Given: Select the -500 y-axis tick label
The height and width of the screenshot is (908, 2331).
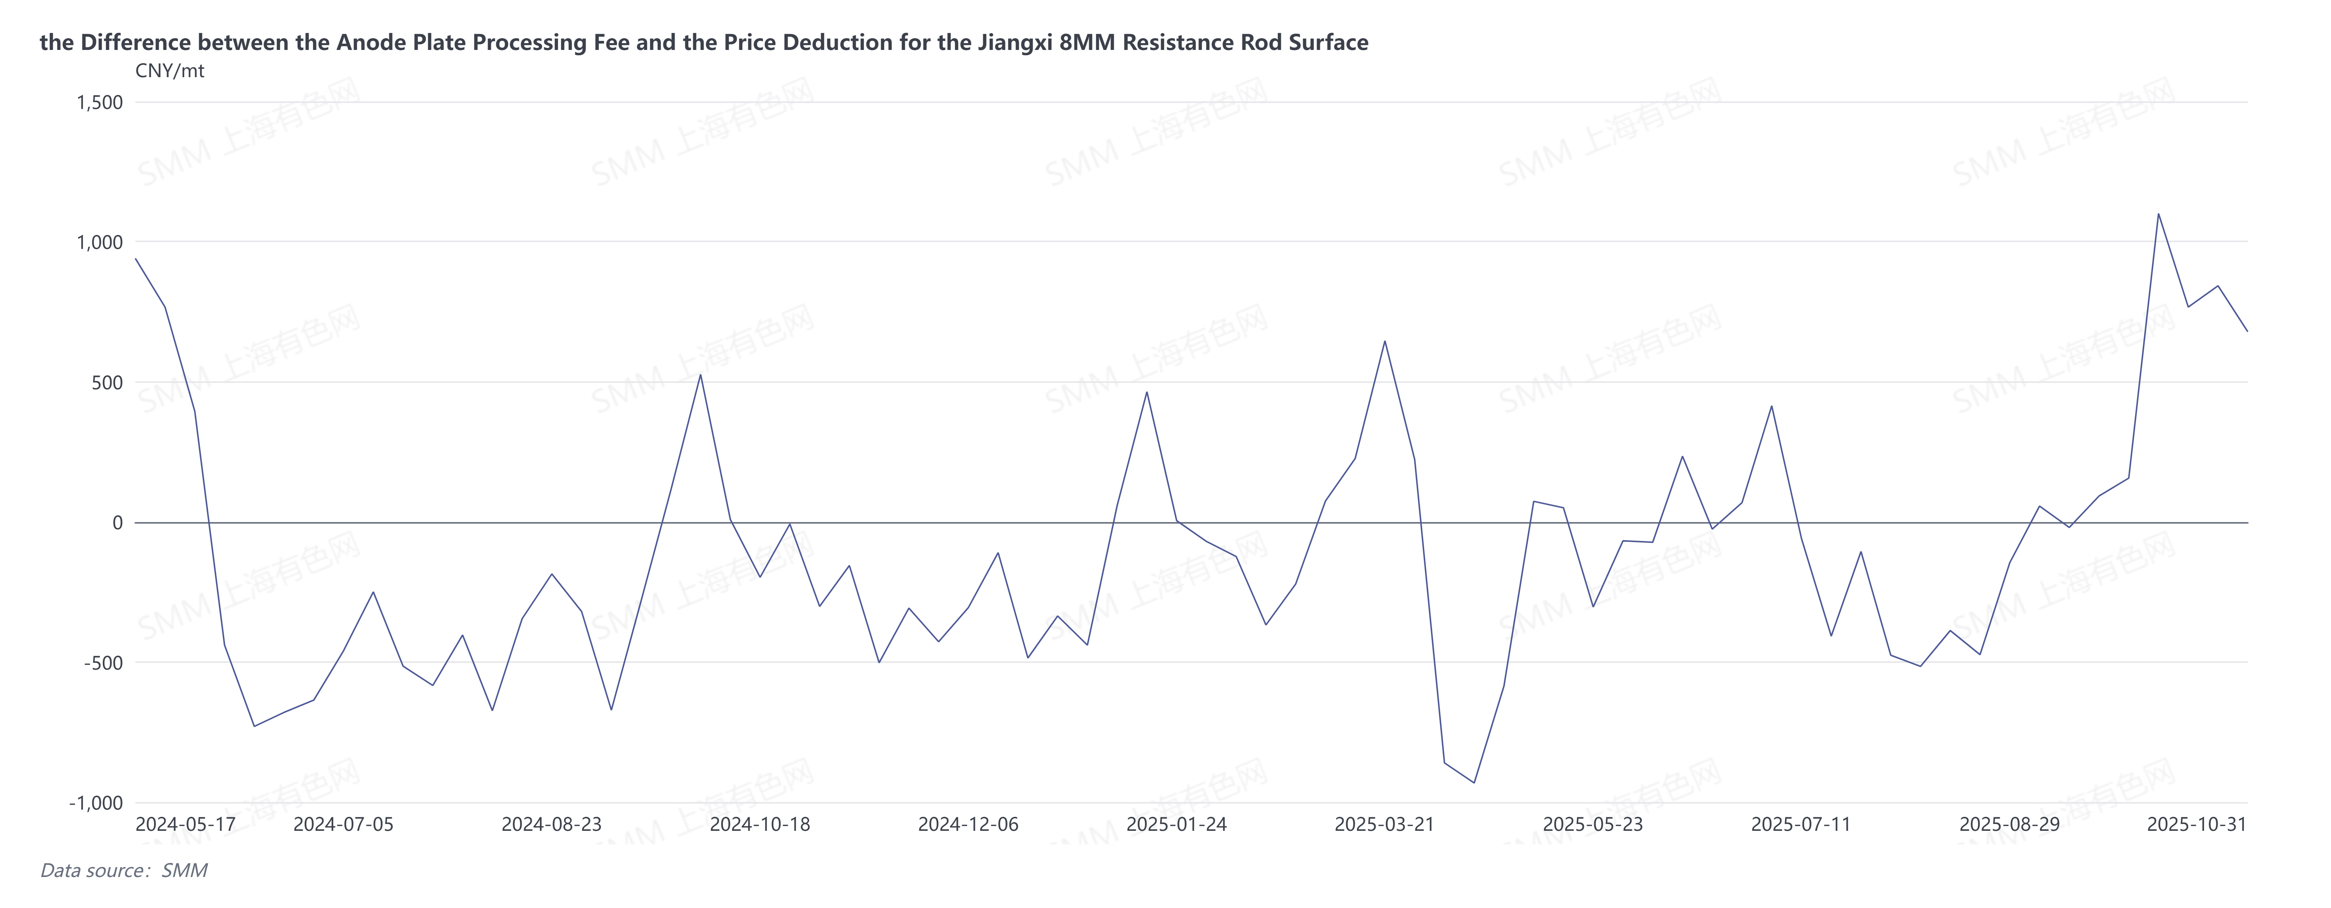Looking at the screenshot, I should coord(103,663).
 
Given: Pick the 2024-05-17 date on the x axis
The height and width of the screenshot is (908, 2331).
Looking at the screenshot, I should coord(186,825).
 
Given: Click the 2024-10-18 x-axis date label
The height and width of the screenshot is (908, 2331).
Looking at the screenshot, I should coord(760,825).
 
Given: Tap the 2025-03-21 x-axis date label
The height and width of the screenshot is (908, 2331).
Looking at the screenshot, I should coord(1384,825).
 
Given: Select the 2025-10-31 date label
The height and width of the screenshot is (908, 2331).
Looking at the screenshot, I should coord(2196,825).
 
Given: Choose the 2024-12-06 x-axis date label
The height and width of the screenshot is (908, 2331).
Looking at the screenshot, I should coord(968,825).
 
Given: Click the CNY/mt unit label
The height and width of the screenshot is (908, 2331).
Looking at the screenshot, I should coord(170,71).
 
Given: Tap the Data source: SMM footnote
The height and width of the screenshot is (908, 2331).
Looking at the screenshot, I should coord(124,871).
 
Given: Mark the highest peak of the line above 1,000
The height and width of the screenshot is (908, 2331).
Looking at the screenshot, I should coord(2158,214).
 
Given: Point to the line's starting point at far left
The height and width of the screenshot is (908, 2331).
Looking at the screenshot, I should coord(136,259).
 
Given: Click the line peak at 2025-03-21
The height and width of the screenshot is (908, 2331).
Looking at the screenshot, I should coord(1384,341).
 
